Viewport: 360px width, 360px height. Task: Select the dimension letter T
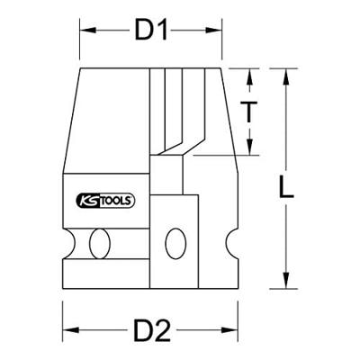coord(255,112)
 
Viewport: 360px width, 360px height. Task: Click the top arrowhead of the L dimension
coord(286,73)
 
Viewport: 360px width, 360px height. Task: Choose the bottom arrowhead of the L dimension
coord(286,282)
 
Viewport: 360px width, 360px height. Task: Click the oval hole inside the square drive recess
coord(174,243)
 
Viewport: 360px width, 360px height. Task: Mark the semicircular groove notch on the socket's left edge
coord(66,243)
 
